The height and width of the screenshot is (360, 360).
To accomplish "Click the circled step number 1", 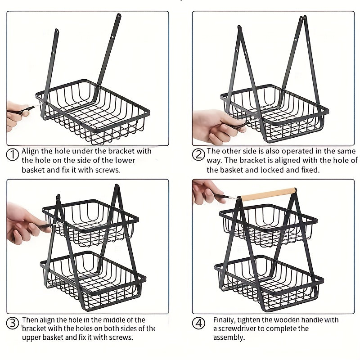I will click(13, 154).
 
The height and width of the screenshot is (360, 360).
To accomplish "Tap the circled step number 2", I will click(198, 155).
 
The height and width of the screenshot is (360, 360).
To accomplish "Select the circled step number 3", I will click(13, 323).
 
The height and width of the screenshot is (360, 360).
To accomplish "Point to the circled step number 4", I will click(198, 323).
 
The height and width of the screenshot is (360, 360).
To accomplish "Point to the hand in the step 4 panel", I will click(206, 190).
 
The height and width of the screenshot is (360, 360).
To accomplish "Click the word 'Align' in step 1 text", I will click(30, 151).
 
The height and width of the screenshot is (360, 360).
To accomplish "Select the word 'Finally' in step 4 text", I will click(224, 320).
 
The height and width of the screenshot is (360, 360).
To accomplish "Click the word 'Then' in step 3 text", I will click(30, 320).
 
